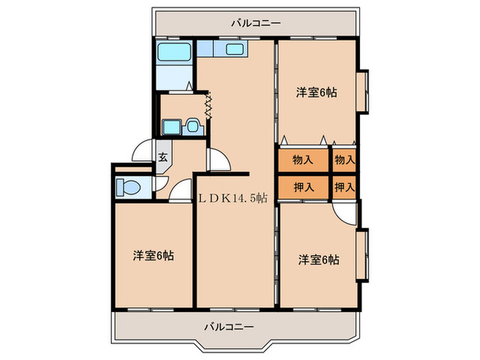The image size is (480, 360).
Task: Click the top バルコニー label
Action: [256, 23]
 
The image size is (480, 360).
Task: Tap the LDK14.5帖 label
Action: [233, 198]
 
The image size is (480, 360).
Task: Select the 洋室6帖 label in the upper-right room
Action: [316, 92]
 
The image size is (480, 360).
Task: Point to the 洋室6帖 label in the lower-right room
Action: [319, 260]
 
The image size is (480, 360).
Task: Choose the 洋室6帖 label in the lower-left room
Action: [154, 256]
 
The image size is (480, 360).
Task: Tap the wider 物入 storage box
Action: [303, 160]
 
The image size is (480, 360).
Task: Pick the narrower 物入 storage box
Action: [345, 160]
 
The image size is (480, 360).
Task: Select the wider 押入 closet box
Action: [303, 187]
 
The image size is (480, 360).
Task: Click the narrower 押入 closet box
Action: [345, 187]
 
